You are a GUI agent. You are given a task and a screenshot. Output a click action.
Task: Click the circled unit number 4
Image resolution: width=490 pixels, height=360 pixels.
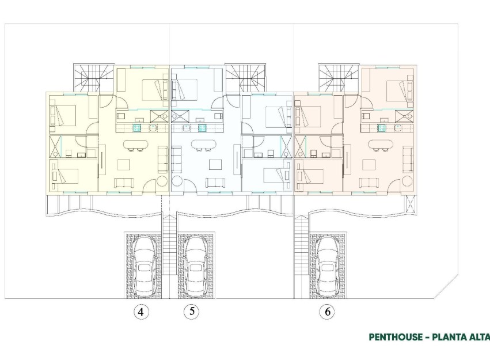tap(140, 312)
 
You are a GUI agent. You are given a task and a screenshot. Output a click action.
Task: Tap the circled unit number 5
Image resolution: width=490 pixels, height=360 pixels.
tap(192, 312)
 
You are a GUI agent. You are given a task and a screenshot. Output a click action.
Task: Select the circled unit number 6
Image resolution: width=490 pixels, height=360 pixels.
tap(327, 312)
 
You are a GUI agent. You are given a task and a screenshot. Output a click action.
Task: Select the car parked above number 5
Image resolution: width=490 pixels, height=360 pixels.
tap(195, 264)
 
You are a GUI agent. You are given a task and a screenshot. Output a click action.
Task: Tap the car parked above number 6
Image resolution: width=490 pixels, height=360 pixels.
tap(328, 264)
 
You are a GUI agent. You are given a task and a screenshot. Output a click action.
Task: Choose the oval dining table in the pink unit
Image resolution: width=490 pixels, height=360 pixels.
tap(379, 145)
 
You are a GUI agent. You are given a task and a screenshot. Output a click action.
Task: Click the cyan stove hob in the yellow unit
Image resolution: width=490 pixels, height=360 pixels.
tap(137, 128)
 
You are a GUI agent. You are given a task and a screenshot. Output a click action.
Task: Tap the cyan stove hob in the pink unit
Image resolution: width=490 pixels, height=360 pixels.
tap(381, 128)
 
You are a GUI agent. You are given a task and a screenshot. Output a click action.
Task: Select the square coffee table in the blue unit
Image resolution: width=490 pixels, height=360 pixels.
tap(215, 165)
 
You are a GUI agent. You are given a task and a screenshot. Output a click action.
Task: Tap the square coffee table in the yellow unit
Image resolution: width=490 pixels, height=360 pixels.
tap(124, 165)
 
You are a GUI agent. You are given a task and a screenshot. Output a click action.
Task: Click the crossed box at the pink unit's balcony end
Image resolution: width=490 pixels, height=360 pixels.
tap(410, 204)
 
